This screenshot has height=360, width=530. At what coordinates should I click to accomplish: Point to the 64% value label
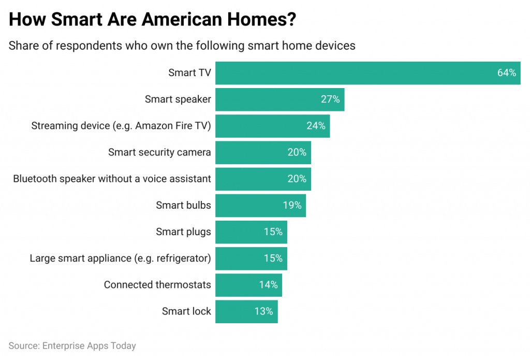click(x=507, y=73)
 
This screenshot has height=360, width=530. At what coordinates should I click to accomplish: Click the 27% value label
click(x=330, y=99)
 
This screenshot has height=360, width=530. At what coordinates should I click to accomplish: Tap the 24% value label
click(x=316, y=126)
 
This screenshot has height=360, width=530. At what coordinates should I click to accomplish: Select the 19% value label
click(x=292, y=205)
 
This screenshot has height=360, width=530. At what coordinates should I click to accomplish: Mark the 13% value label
click(x=263, y=311)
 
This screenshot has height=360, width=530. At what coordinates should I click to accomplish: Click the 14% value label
click(x=268, y=285)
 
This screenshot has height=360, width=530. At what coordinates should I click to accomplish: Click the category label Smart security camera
click(x=159, y=152)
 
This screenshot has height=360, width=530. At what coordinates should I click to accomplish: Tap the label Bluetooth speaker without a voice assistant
click(x=112, y=179)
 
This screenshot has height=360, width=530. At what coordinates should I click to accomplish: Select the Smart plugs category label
click(x=183, y=232)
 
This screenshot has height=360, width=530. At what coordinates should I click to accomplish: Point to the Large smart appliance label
click(x=120, y=258)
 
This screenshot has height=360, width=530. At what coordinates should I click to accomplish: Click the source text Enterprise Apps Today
click(x=89, y=346)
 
